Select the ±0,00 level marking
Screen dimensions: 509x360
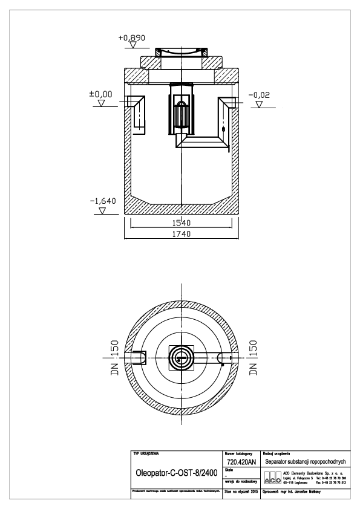pyautogui.click(x=100, y=94)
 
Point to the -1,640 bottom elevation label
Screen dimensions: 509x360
pyautogui.click(x=102, y=201)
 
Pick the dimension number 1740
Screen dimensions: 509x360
pyautogui.click(x=180, y=235)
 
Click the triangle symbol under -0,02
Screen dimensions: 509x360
pyautogui.click(x=259, y=105)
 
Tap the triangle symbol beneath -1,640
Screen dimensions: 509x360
pyautogui.click(x=102, y=212)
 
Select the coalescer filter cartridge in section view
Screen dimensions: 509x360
pyautogui.click(x=181, y=113)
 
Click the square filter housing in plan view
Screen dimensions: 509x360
pyautogui.click(x=181, y=358)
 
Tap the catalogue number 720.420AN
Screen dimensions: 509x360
pyautogui.click(x=240, y=461)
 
